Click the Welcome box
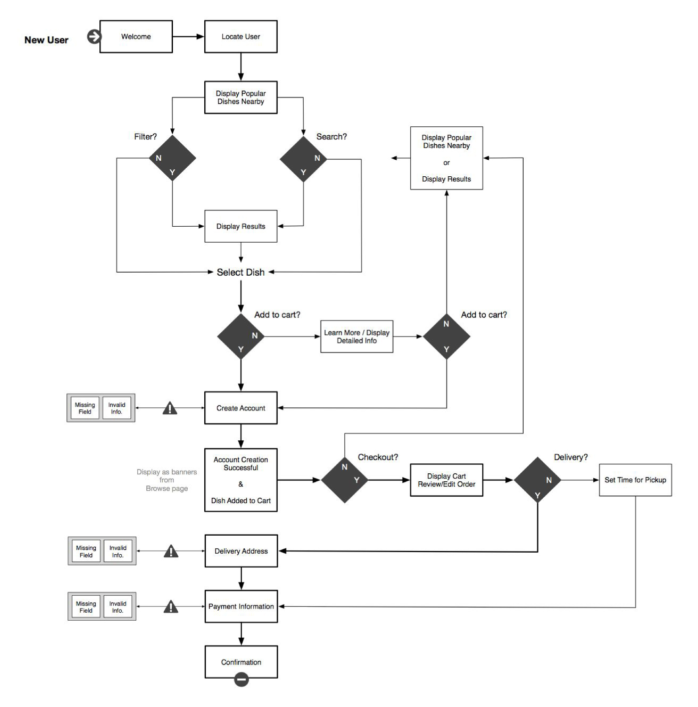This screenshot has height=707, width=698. (136, 36)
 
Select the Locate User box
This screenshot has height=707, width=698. (241, 36)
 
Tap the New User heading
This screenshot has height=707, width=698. (46, 40)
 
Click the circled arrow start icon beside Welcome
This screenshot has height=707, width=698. (94, 36)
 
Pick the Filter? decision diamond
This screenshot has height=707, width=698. (172, 158)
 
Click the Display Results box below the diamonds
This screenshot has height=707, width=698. (241, 226)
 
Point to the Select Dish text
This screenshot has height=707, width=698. (241, 272)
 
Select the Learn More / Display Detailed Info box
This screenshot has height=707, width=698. (356, 337)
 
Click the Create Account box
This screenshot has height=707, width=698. (241, 408)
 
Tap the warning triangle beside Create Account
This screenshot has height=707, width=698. (170, 408)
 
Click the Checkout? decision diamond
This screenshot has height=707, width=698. (345, 480)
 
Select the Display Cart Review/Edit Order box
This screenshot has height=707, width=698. (446, 480)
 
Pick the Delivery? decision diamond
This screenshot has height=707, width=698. (538, 480)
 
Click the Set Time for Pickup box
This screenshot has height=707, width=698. (635, 480)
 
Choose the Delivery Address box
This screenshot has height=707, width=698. (241, 551)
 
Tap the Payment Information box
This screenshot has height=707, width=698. (241, 606)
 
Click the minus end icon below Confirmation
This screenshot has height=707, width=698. (241, 679)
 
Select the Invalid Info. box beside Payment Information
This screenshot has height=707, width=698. (118, 607)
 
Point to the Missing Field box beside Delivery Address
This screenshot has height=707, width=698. (86, 551)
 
